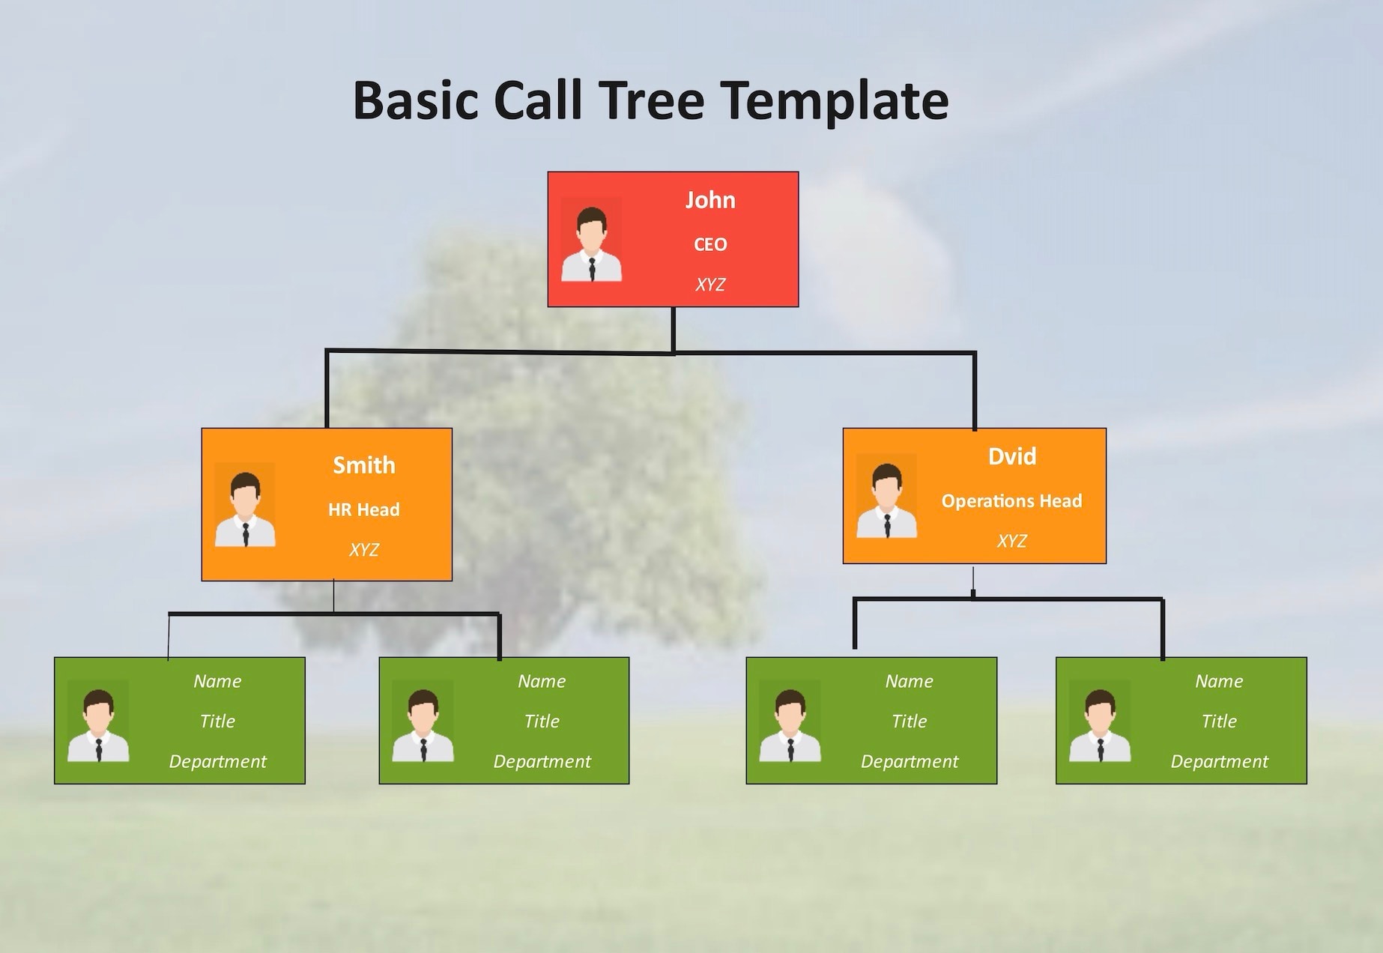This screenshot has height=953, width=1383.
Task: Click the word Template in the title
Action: point(834,100)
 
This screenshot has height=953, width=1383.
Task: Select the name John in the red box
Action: point(710,200)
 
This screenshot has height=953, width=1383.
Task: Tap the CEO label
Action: point(710,244)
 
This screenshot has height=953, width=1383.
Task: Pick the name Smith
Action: point(364,465)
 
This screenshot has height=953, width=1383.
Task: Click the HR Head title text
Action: point(364,509)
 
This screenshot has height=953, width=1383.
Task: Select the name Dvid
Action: point(1012,456)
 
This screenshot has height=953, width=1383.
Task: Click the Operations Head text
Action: point(1011,500)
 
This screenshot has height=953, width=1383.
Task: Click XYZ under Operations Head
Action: point(1011,541)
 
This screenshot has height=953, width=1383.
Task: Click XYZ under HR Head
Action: point(364,550)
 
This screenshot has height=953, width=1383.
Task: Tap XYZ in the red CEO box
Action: point(710,285)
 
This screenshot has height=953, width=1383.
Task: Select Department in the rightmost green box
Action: point(1219,762)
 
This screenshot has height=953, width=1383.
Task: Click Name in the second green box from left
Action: point(542,681)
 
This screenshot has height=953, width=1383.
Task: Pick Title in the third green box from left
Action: point(909,721)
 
